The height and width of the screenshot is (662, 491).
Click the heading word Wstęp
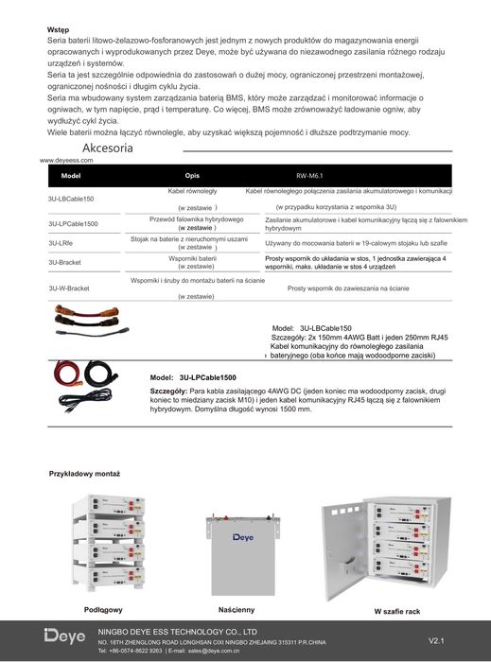[59, 30]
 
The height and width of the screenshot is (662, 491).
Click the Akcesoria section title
[114, 149]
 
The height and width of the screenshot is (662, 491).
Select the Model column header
[71, 176]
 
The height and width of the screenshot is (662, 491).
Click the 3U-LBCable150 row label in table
[71, 200]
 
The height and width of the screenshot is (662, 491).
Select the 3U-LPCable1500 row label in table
[73, 224]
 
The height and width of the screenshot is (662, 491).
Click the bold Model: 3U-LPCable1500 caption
[193, 377]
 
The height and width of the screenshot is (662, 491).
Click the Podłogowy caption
[103, 610]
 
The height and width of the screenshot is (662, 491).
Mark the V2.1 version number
[437, 640]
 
